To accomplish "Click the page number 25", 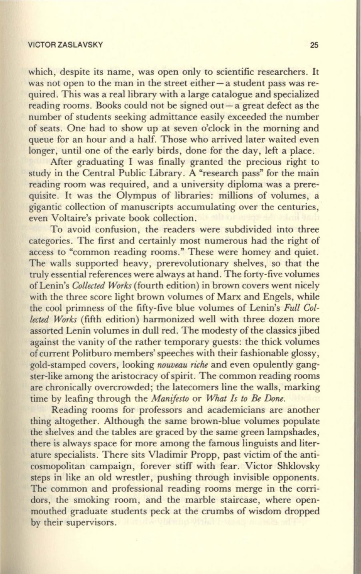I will coord(313,45).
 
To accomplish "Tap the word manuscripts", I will coord(132,208).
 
